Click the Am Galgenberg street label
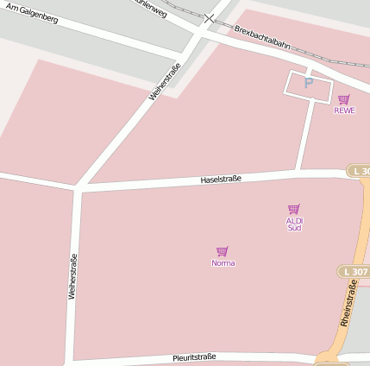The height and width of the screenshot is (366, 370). [32, 13]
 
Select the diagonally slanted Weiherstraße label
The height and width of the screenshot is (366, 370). [165, 82]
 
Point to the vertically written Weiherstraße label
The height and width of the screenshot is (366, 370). [72, 276]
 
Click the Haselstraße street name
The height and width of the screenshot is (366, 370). [221, 180]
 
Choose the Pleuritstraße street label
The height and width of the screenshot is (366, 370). [194, 357]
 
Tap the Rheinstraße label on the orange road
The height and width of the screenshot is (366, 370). [348, 308]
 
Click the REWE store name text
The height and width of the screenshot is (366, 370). [344, 110]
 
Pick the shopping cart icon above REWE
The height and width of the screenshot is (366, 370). [344, 99]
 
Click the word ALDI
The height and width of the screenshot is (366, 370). [294, 220]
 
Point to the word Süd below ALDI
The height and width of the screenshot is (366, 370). [294, 228]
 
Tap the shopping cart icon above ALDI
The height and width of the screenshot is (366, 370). [293, 209]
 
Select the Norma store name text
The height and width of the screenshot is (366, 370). [223, 262]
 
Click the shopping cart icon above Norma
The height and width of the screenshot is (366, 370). [223, 251]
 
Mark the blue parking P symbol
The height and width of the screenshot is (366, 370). [308, 83]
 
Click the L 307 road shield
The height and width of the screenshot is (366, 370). [354, 272]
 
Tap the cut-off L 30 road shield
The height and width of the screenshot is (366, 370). [359, 171]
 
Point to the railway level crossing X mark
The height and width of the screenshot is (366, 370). [210, 18]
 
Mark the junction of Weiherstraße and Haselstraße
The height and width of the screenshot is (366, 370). [78, 186]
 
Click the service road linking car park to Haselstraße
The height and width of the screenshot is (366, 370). [305, 136]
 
